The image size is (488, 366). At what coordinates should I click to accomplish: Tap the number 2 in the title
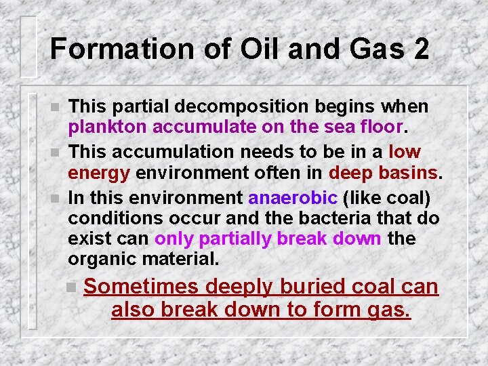[419, 49]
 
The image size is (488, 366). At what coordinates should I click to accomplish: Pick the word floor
[382, 127]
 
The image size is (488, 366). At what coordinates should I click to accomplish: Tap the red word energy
[99, 172]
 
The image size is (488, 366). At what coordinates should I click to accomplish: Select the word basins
[405, 172]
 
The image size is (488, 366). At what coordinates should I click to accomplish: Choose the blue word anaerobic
[293, 198]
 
